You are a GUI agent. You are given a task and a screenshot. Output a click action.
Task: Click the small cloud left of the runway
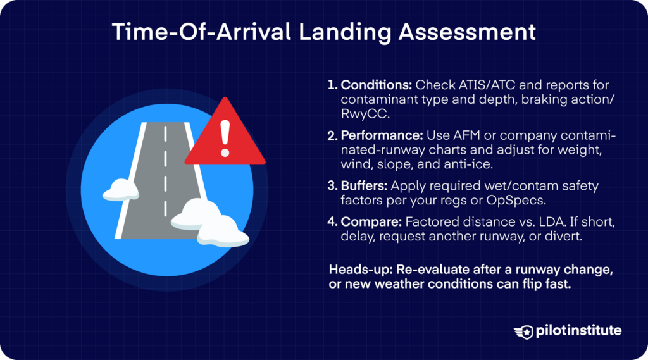(x=120, y=189)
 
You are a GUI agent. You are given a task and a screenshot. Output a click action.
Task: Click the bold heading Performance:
(x=380, y=137)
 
